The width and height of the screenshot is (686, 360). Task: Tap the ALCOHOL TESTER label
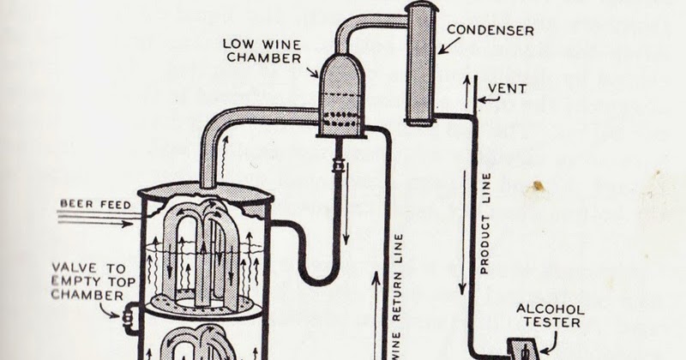pos(556,315)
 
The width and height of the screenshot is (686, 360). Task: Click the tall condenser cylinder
pos(421,64)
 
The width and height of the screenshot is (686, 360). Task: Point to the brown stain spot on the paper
pos(538,186)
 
